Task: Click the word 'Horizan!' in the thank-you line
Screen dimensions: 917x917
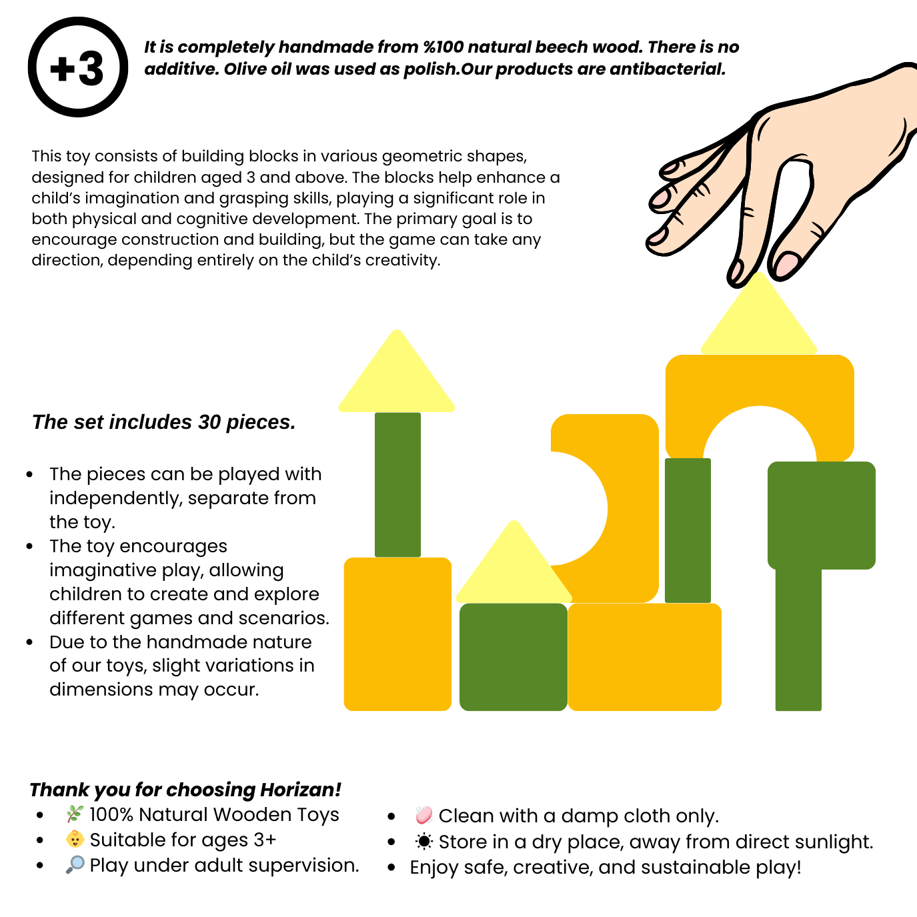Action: click(301, 790)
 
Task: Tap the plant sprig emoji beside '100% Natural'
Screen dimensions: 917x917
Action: click(75, 814)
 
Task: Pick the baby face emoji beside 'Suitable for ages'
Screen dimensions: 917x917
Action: click(75, 840)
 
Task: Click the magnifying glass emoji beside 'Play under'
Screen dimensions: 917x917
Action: click(75, 865)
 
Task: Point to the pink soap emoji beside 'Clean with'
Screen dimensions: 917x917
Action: click(423, 815)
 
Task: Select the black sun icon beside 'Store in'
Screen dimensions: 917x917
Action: click(423, 842)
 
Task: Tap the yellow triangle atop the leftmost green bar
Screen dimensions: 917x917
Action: click(396, 377)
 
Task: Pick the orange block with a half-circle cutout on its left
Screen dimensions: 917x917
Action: click(628, 508)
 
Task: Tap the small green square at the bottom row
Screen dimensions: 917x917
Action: click(514, 657)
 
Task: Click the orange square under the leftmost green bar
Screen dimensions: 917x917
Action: click(397, 634)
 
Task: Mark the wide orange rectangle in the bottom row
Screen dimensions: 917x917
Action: click(645, 657)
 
